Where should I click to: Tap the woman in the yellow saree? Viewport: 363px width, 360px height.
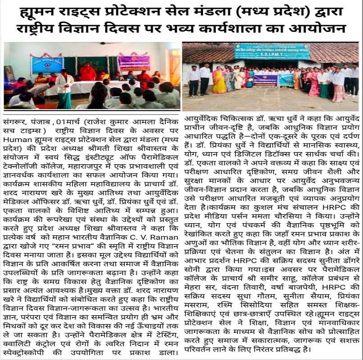click(219, 81)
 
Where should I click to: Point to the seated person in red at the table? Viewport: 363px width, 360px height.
click(88, 72)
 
